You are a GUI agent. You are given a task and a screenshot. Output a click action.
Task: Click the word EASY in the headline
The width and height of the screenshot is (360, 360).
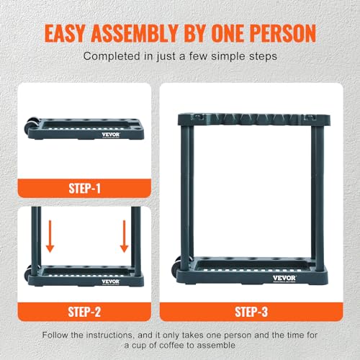[65, 33]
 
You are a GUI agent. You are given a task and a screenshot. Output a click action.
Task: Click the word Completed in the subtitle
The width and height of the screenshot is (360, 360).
[112, 57]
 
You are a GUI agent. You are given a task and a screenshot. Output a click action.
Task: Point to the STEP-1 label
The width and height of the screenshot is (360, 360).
[84, 189]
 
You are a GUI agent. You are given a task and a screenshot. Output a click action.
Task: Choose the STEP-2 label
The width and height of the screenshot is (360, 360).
[84, 312]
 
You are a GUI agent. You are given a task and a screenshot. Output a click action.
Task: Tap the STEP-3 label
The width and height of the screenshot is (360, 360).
[251, 312]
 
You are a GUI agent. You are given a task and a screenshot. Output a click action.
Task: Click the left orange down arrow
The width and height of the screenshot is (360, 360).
[50, 236]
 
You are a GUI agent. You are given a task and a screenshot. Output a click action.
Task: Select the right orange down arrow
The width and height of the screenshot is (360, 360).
[124, 236]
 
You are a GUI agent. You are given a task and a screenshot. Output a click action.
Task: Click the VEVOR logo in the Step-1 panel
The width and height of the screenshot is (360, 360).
[111, 135]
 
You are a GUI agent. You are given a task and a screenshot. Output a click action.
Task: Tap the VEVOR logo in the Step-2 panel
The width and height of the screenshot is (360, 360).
[111, 282]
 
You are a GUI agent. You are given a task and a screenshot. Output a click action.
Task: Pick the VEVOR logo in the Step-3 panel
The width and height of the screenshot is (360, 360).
[284, 279]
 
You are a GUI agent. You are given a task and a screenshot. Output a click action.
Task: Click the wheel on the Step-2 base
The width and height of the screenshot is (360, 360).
[29, 274]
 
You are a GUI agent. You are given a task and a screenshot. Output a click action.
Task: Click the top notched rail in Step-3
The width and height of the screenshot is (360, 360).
[254, 120]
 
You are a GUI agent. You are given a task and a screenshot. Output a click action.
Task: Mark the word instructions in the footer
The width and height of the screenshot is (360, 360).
[109, 335]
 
